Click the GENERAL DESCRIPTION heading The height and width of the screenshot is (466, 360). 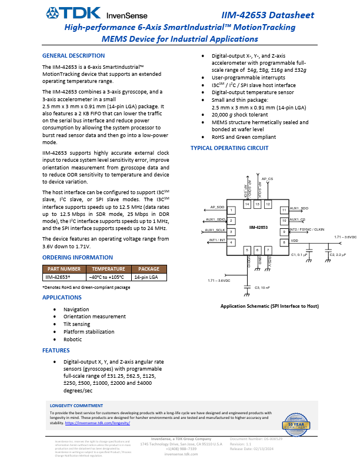[74, 55]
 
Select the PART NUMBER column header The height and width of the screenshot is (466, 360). [64, 268]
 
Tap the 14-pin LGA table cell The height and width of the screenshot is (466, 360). [146, 276]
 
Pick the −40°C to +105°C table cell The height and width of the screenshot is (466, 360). [107, 276]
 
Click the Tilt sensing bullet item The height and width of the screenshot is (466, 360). [76, 324]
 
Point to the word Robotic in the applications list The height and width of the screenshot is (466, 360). [72, 339]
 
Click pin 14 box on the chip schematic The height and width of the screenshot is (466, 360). [247, 204]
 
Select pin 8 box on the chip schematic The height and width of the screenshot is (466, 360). [284, 242]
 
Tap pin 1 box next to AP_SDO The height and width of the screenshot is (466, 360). [232, 210]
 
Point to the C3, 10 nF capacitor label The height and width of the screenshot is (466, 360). [262, 287]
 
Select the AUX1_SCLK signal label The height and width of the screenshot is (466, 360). [215, 229]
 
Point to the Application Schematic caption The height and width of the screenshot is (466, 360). [269, 307]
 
